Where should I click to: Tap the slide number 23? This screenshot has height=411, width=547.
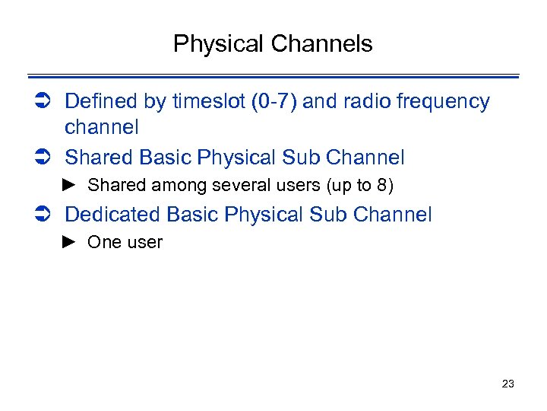(508, 384)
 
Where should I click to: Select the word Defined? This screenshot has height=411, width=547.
(97, 101)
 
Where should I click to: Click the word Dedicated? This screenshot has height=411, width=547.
(115, 215)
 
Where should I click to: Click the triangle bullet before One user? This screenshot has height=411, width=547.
(70, 243)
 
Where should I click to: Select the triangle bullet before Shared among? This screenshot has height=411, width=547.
(70, 185)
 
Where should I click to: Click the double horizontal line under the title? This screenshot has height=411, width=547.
(273, 76)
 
